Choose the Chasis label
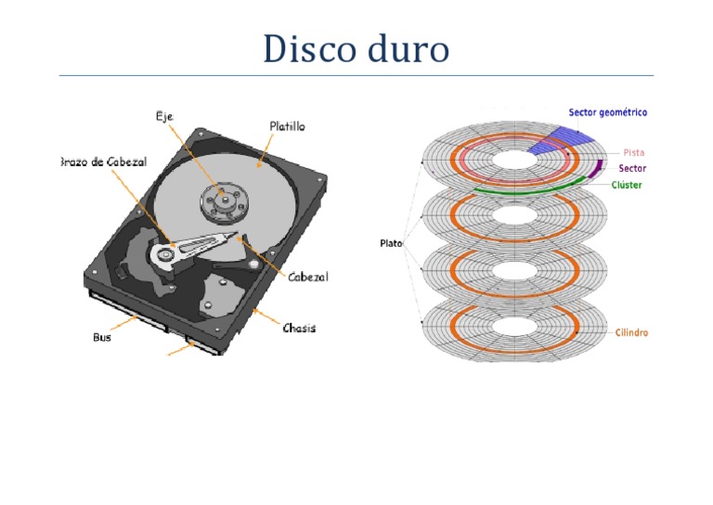(x=299, y=329)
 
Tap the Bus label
(x=101, y=337)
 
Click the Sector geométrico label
(x=608, y=112)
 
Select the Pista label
(x=634, y=152)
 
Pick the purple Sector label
(x=631, y=169)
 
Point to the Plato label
(x=391, y=244)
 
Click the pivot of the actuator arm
(x=167, y=251)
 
